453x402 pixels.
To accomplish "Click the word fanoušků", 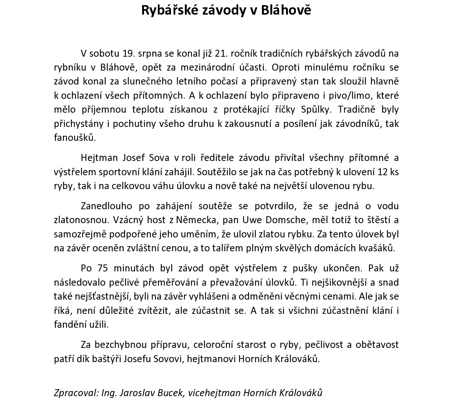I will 75,138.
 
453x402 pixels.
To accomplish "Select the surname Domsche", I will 287,220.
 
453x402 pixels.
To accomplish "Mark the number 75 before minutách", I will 103,268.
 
